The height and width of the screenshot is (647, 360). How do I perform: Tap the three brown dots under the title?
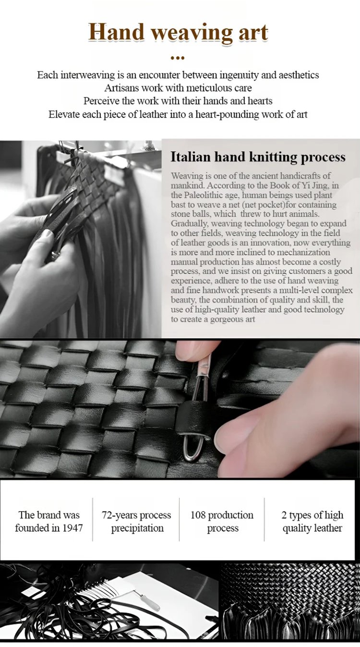178,58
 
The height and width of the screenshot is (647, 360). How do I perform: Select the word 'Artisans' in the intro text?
122,88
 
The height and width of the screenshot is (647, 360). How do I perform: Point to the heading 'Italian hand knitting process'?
258,157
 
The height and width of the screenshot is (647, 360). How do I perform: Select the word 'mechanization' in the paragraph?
303,252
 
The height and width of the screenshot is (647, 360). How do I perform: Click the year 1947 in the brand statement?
72,528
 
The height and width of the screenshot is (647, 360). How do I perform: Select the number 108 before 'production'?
198,515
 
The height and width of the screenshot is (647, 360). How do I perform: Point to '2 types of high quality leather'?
312,522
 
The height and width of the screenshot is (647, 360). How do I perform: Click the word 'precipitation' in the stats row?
137,528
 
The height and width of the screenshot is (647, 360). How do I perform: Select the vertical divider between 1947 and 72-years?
93,519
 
